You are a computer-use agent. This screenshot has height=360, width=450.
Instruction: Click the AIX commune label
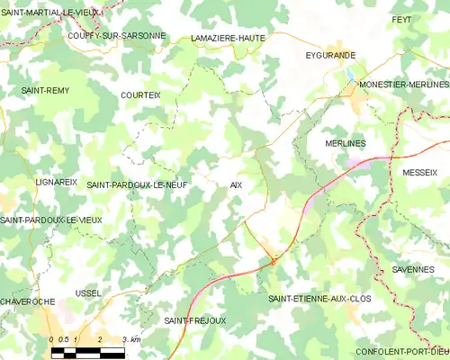[x=236, y=184]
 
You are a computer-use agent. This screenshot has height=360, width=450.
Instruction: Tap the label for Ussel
[x=89, y=293]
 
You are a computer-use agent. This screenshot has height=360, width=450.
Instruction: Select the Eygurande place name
[x=330, y=56]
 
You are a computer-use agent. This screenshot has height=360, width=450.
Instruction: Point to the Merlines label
[x=342, y=143]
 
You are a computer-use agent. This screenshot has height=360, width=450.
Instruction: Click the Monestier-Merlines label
[x=403, y=83]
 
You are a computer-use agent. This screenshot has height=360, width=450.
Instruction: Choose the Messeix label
[x=419, y=171]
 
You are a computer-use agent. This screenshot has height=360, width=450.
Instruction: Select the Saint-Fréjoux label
[x=195, y=320]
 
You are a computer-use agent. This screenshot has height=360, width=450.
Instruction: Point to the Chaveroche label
[x=28, y=301]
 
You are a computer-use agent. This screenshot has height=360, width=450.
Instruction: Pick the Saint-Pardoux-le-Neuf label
[x=138, y=184]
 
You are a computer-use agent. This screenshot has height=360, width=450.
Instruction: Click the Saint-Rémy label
[x=45, y=91]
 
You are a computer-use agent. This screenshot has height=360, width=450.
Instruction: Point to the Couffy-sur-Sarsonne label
[x=117, y=35]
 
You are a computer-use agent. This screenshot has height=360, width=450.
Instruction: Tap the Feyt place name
[x=426, y=19]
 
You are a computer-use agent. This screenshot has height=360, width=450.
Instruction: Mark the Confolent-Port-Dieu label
[x=402, y=351]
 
